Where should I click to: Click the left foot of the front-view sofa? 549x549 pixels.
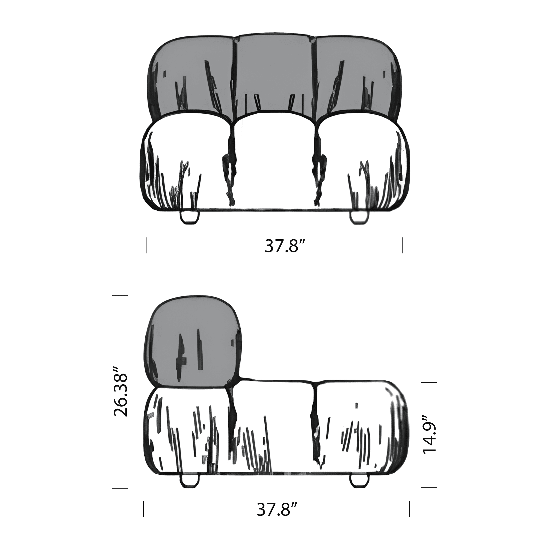(190, 217)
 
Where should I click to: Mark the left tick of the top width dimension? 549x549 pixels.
(146, 245)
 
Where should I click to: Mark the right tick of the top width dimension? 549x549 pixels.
(403, 245)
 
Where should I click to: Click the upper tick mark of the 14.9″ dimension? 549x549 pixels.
(428, 383)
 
